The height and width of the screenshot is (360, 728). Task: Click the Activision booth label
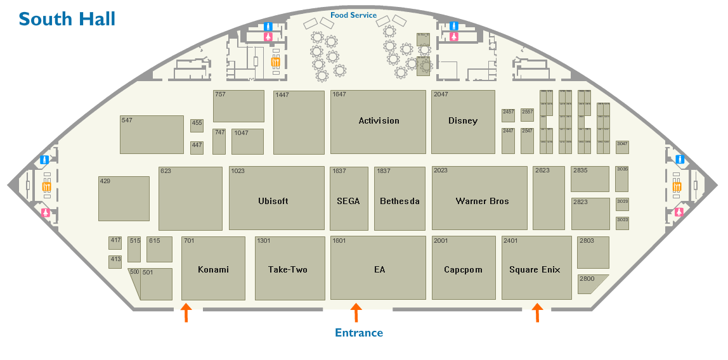point(379,121)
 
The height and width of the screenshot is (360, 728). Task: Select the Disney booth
point(462,121)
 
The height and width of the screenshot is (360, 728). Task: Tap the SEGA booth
point(348,202)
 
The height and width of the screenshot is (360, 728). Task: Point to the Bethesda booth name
point(400,202)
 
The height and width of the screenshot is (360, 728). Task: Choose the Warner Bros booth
point(482,202)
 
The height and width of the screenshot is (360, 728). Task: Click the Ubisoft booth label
point(273,202)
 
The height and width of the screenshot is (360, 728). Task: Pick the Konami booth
point(213,269)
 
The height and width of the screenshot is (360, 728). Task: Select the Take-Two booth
point(287,269)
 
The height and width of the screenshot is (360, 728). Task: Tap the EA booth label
point(379,270)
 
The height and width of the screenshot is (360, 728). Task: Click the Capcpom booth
point(463,269)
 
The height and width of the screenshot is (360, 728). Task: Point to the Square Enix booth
point(535,269)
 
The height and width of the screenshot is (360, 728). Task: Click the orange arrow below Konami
point(186,312)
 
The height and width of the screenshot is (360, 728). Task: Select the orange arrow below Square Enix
point(537,312)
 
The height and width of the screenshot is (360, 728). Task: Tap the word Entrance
point(359,333)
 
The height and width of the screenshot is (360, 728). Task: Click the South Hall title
point(67,19)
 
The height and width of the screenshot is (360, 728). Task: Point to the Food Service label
point(353,15)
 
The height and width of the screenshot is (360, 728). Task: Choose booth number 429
point(124,198)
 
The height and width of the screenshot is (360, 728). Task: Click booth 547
point(152,134)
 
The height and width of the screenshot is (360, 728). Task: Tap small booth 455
point(197,125)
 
